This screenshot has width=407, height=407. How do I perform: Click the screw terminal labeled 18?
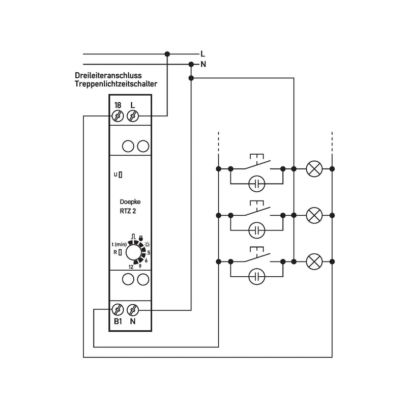[x=118, y=116]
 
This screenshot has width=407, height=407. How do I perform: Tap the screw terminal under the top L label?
[x=133, y=116]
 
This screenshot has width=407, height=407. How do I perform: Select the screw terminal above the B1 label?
[x=118, y=310]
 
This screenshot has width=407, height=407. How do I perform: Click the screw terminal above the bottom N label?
[x=133, y=310]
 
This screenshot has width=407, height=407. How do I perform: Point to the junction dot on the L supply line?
[x=167, y=54]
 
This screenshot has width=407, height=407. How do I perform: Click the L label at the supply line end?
[x=202, y=54]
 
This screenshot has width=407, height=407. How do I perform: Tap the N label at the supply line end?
[x=203, y=64]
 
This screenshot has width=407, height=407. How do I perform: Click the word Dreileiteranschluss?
[x=108, y=75]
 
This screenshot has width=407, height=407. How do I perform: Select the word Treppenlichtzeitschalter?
[x=116, y=84]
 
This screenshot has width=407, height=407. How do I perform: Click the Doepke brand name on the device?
[x=130, y=201]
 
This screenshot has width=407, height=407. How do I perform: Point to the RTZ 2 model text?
[x=128, y=211]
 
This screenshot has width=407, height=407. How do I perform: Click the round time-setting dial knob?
[x=134, y=252]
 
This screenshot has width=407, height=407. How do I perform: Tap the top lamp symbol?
[x=314, y=169]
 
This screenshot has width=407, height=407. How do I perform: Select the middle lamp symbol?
[x=314, y=215]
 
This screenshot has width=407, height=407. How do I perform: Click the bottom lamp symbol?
[x=314, y=261]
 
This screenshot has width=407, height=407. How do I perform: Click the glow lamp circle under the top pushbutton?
[x=257, y=184]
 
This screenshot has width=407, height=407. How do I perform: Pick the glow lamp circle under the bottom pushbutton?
[x=257, y=277]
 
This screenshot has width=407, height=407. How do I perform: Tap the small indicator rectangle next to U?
[x=121, y=175]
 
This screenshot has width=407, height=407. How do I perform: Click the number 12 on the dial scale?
[x=131, y=267]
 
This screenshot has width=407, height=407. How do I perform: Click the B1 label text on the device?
[x=118, y=322]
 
